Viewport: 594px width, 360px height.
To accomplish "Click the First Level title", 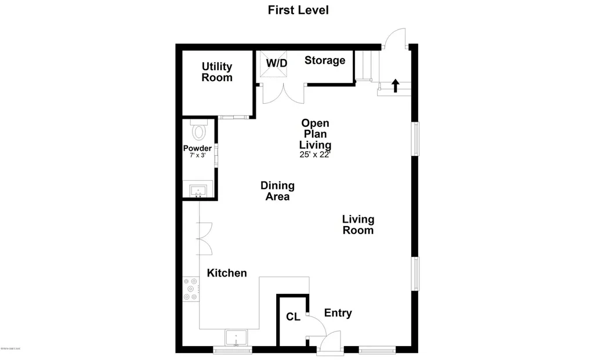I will (x=298, y=10).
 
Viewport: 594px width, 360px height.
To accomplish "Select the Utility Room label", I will (x=217, y=72).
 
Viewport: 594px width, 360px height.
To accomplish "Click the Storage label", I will (x=325, y=60).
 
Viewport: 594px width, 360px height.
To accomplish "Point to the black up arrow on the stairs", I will (x=396, y=86).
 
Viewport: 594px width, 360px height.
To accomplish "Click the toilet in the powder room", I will (x=198, y=130).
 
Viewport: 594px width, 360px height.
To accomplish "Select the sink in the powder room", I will (x=197, y=190).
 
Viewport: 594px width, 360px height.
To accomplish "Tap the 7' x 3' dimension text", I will (x=197, y=156).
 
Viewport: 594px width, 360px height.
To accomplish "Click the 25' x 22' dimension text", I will (x=315, y=155).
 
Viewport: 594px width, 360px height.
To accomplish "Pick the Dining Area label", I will (x=277, y=191).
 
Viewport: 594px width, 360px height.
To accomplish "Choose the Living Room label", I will (x=358, y=225).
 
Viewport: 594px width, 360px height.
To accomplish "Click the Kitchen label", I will (x=227, y=273).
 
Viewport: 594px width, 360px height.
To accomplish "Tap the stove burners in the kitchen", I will (x=191, y=289).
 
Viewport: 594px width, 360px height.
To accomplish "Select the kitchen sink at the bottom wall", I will (x=236, y=337).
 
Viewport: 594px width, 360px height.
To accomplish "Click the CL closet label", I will (x=293, y=317).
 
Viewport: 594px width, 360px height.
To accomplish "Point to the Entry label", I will (x=338, y=313).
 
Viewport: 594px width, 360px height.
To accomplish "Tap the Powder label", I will (x=197, y=148).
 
